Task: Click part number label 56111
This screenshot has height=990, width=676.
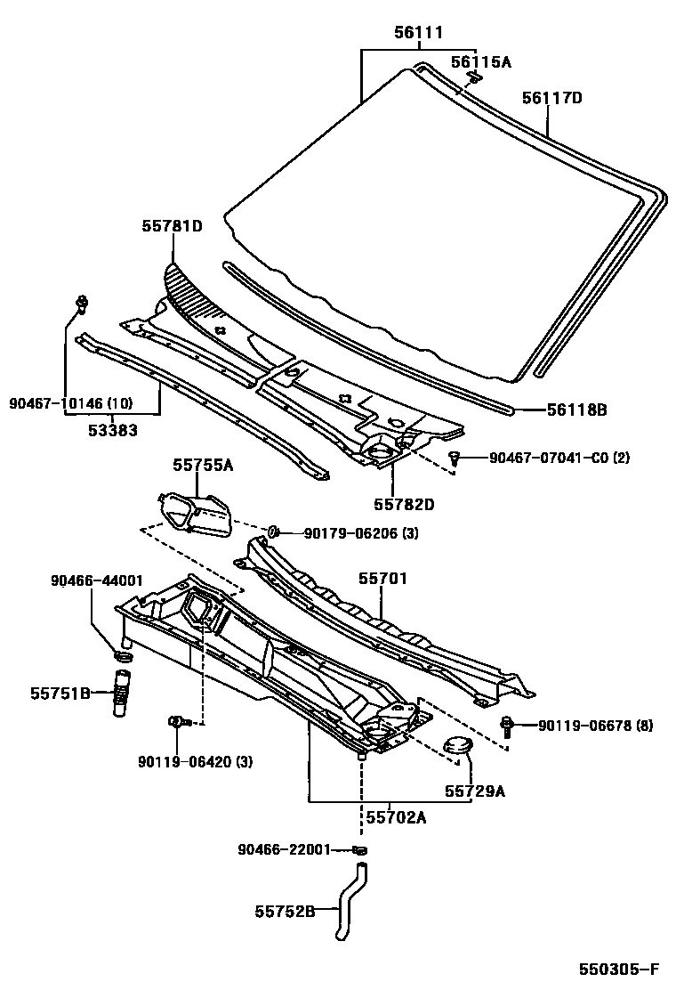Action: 419,34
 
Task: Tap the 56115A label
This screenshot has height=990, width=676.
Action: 481,61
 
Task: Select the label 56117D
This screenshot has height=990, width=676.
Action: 551,98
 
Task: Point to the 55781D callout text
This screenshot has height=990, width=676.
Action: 172,226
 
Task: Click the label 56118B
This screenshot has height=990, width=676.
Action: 576,410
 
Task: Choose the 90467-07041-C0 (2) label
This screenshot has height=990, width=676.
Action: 559,458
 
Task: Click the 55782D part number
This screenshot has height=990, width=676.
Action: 404,505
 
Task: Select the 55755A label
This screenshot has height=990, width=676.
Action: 203,465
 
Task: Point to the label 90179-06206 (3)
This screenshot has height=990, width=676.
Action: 360,533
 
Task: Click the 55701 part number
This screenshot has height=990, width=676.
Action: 382,579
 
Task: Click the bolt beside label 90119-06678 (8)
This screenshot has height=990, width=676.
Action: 507,726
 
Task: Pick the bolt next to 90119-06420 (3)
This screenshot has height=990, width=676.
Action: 177,721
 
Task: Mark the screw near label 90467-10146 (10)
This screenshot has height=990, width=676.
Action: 82,304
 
